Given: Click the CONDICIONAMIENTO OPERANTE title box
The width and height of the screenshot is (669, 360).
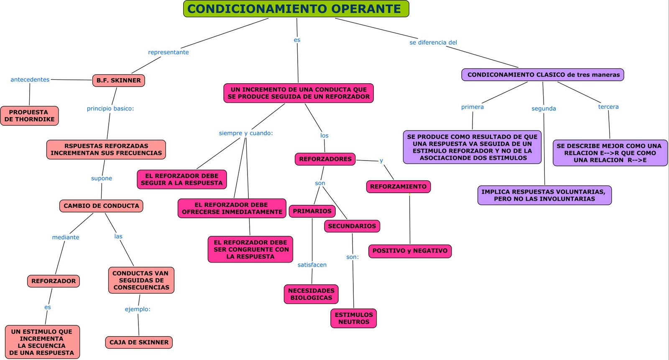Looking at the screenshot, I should (296, 9).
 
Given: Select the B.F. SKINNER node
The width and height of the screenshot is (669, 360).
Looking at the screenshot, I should (118, 80).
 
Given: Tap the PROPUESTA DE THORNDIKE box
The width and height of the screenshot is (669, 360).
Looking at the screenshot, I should (29, 116).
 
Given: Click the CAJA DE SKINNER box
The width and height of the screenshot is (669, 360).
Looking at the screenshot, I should (139, 342).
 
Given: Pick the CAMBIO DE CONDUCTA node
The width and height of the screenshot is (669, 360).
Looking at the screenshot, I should (101, 206).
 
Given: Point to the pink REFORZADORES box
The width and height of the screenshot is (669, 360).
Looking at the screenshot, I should (325, 159).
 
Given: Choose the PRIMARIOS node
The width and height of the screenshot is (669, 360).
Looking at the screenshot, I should (312, 211).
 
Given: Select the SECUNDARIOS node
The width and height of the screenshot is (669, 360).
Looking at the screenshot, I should (352, 226).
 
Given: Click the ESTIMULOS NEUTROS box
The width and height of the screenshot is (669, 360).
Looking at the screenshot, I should (354, 318).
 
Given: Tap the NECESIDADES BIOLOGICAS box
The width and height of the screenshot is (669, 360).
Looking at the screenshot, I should (311, 294).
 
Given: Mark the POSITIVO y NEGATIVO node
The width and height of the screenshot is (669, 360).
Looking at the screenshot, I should (410, 251).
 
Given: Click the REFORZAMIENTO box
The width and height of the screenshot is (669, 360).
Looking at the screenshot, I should (398, 186).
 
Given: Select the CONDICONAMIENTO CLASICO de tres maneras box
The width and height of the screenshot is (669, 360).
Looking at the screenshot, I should (543, 75).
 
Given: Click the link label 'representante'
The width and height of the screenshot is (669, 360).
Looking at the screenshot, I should (169, 52).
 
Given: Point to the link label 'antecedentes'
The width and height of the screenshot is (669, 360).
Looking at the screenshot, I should (30, 79).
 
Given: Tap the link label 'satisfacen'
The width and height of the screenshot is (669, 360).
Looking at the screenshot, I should (312, 265).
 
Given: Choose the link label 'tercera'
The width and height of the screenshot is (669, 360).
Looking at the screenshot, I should (608, 107).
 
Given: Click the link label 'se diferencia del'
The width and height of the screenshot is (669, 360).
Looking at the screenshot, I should (433, 42).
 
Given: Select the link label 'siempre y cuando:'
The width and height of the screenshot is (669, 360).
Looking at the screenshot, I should (246, 133).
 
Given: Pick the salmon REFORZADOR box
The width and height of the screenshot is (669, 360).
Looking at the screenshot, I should (54, 281).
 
